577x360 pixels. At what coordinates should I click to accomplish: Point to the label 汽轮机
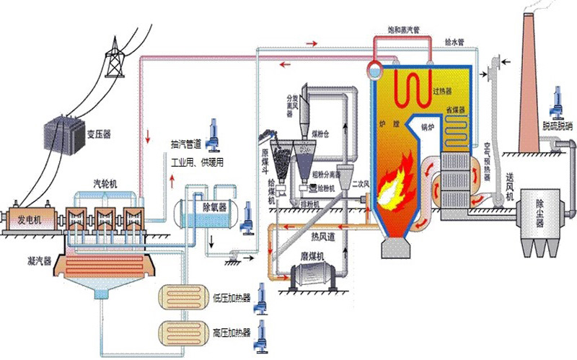107,183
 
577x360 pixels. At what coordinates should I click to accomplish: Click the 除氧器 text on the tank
213,206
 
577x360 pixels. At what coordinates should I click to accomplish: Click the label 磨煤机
312,256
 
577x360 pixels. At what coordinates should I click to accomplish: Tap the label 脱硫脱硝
558,124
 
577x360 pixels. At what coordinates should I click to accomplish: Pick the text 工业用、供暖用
196,162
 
